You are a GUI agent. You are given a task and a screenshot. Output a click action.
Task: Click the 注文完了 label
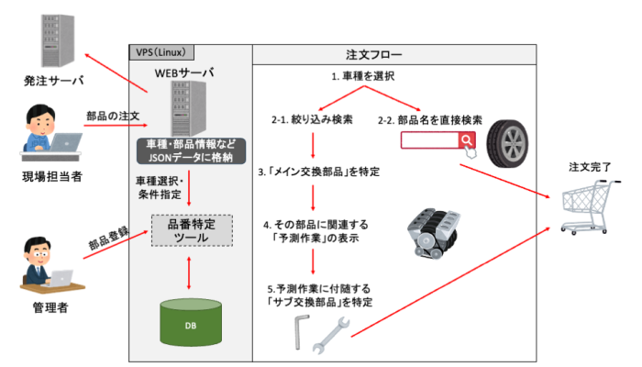click(588, 167)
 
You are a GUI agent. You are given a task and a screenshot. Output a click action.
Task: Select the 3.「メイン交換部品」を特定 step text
click(319, 172)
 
